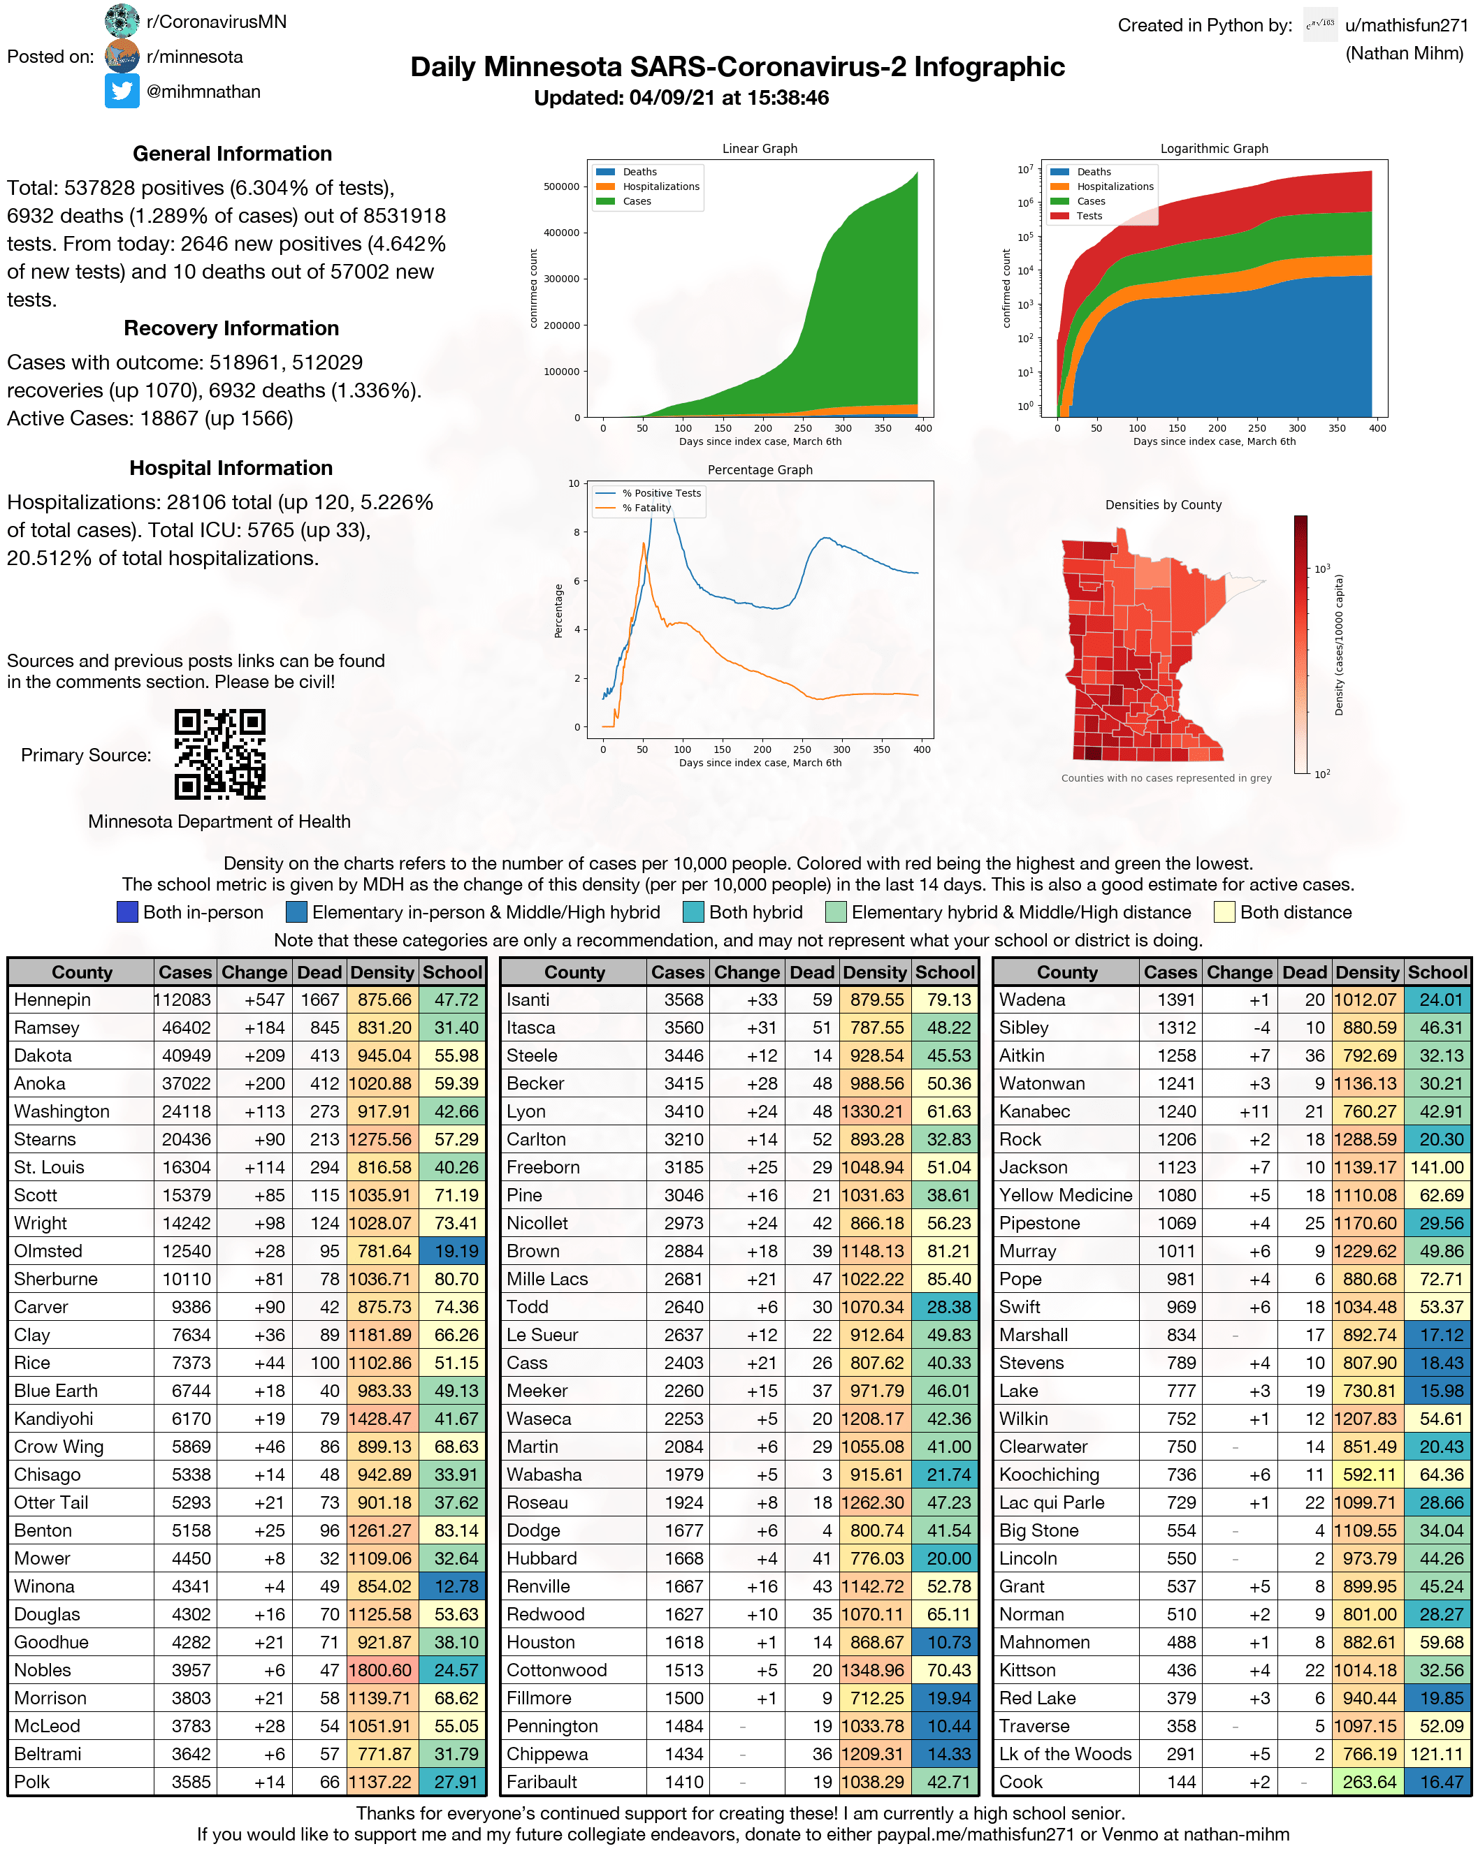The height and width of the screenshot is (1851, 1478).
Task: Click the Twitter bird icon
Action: tap(122, 91)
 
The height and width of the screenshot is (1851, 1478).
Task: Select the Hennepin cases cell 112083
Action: tap(184, 1000)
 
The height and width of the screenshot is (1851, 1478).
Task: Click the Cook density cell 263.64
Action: tap(1369, 1781)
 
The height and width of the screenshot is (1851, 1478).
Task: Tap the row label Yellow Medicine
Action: tap(1065, 1195)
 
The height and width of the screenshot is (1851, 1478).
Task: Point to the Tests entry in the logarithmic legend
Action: tap(1089, 216)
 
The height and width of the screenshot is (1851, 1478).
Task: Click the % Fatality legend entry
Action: tap(646, 507)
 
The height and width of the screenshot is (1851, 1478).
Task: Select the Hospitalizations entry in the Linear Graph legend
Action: tap(660, 186)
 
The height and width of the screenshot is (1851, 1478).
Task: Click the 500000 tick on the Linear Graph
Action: tap(562, 186)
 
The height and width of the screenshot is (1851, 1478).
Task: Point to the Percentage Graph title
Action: tap(759, 469)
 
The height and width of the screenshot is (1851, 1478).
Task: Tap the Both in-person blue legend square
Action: tap(127, 912)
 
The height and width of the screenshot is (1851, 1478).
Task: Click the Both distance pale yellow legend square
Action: tap(1224, 912)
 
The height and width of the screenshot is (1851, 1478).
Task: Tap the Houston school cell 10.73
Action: tap(948, 1642)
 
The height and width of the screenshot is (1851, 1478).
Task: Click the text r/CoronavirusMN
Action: tap(217, 22)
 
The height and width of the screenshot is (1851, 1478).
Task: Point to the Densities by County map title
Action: tap(1163, 505)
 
